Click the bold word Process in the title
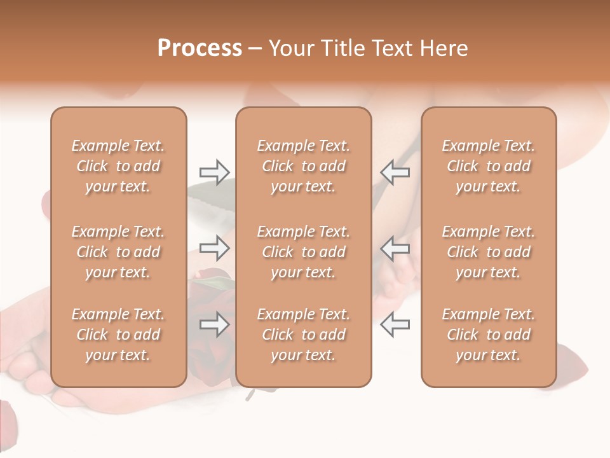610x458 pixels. [200, 48]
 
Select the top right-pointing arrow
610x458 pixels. [214, 172]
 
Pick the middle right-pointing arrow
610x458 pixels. [214, 247]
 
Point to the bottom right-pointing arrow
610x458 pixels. [214, 324]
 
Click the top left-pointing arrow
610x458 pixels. [395, 172]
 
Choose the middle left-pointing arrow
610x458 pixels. [395, 247]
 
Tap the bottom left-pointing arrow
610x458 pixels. [395, 324]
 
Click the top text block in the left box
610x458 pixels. [118, 166]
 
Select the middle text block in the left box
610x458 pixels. [118, 252]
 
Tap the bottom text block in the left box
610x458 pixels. [118, 335]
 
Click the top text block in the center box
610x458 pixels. [303, 166]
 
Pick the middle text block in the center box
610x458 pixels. [303, 252]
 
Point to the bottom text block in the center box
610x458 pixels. [303, 335]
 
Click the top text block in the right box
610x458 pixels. [488, 166]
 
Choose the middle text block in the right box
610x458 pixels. [488, 252]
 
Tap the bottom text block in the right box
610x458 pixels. [488, 335]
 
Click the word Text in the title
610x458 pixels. [395, 48]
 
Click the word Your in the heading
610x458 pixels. [292, 48]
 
